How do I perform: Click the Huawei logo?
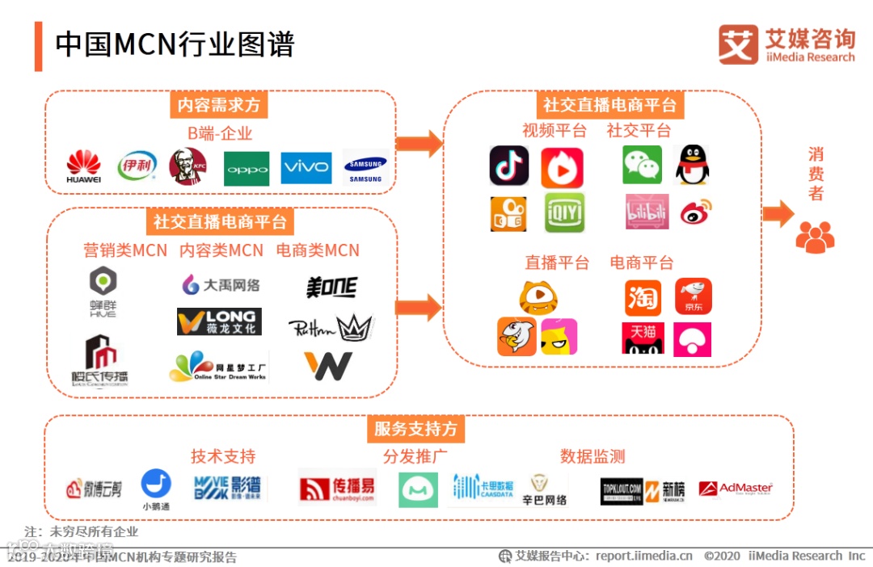pos(84,166)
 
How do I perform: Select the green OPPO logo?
pos(247,168)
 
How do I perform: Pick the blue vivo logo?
pos(306,167)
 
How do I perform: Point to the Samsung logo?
pos(365,168)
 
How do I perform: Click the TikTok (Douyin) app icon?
pos(509,166)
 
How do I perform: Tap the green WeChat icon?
pos(642,165)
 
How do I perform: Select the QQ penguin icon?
pos(692,165)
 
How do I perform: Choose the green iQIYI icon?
pos(564,212)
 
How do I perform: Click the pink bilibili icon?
pos(647,212)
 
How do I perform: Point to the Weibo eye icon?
pos(694,212)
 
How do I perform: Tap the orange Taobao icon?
pos(643,297)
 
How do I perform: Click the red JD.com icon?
pos(694,296)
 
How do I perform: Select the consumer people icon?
pos(815,237)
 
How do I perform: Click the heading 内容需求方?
pos(221,105)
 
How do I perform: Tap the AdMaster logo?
pos(736,489)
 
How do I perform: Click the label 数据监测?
pos(593,456)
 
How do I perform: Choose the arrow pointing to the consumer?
pos(778,214)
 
